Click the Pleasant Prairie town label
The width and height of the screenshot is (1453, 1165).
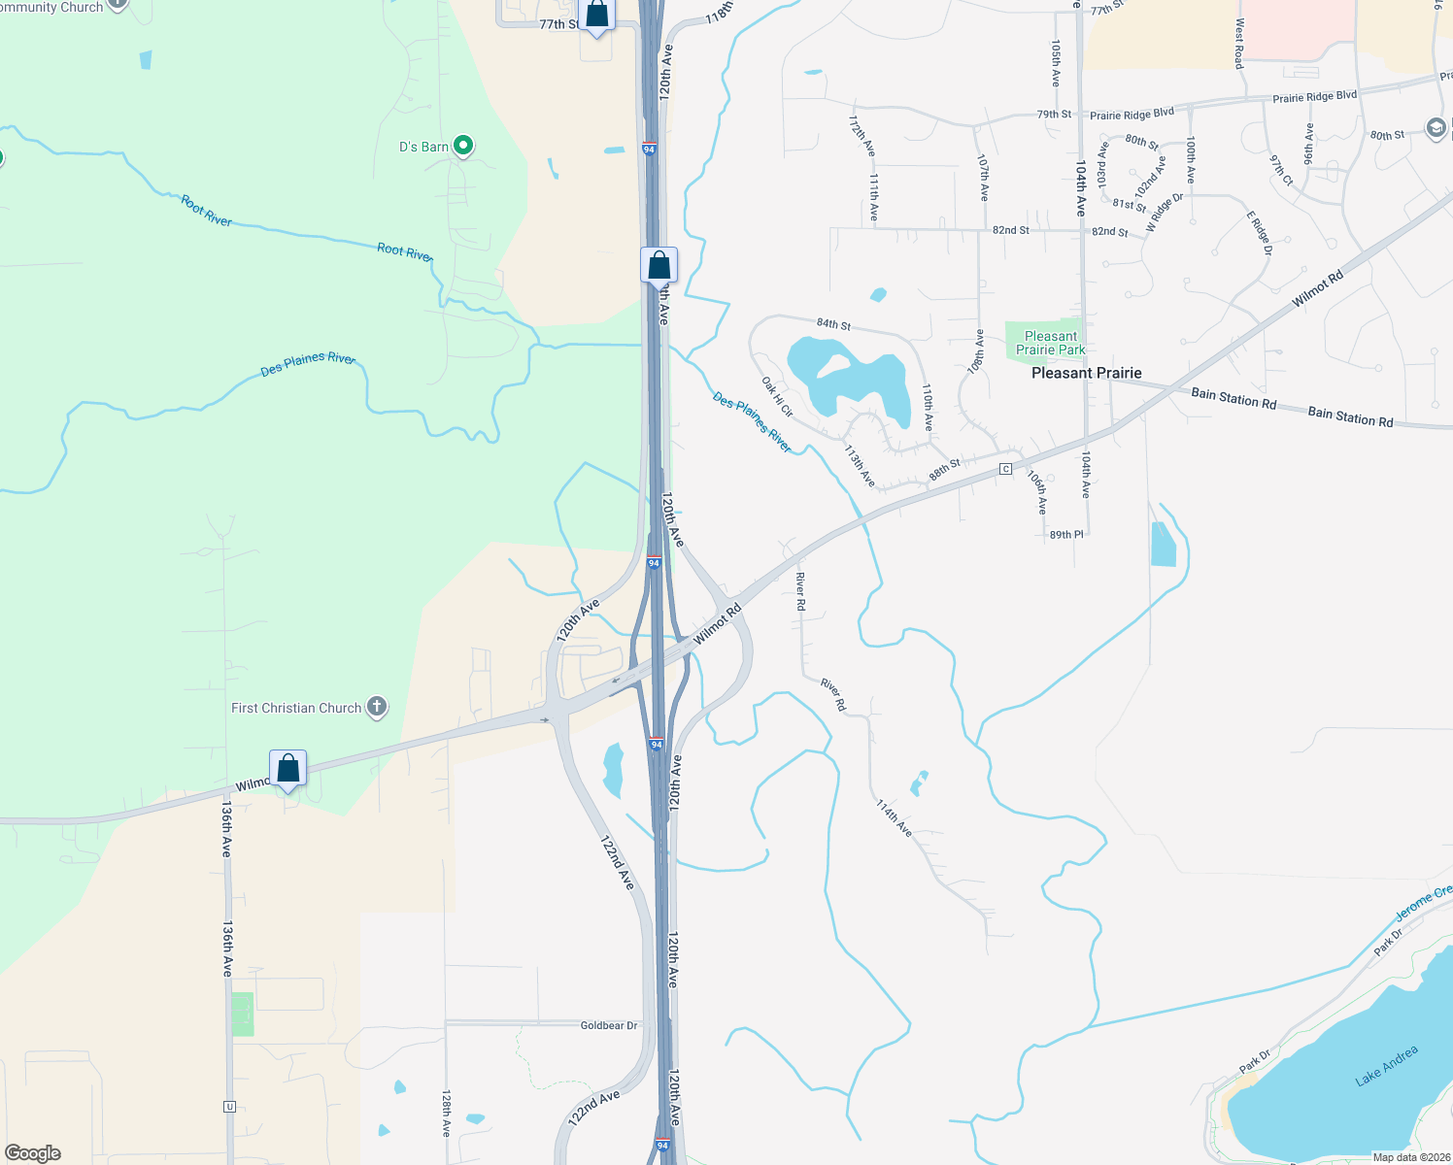coord(1086,373)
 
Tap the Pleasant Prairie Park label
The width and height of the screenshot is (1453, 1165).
coord(1051,343)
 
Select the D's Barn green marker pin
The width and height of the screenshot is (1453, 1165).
coord(464,147)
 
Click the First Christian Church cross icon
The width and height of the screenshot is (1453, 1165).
coord(377,708)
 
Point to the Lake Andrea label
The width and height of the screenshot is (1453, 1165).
coord(1386,1065)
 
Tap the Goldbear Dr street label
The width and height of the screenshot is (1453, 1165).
coord(609,1025)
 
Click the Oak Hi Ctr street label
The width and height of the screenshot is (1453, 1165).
coord(777,398)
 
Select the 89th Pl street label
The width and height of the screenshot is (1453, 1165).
coord(1066,535)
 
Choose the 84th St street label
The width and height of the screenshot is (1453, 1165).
coord(833,323)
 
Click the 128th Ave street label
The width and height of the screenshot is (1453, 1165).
coord(446,1114)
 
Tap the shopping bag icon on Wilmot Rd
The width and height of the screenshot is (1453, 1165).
coord(288,769)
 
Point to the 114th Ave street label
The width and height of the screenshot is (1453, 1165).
coord(894,817)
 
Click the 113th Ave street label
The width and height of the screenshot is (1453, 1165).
coord(860,467)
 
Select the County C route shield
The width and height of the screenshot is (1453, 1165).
coord(1006,469)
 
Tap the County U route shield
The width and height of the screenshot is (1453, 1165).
coord(229,1106)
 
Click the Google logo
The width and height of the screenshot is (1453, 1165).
coord(33,1153)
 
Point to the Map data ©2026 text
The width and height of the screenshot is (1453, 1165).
coord(1410,1157)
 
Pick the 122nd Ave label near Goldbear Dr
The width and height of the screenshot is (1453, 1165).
coord(594,1108)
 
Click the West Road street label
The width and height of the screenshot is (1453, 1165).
coord(1239,44)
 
